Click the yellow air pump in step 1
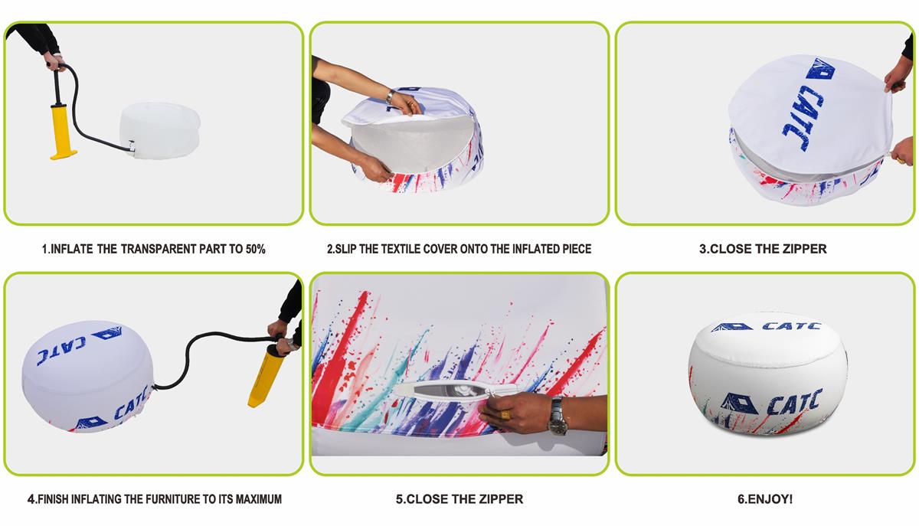(x=61, y=123)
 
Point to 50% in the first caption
(x=255, y=249)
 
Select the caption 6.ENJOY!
(x=765, y=499)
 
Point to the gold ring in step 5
(x=505, y=414)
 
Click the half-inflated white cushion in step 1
(x=159, y=125)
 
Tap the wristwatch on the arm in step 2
(x=389, y=96)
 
